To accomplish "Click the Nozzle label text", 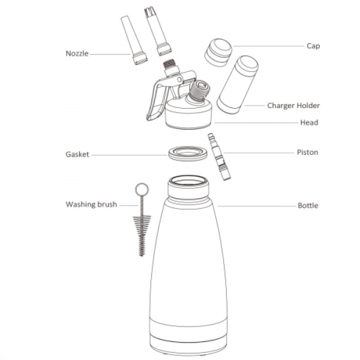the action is [77, 53].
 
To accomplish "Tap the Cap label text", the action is [313, 46].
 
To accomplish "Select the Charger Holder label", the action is [293, 106].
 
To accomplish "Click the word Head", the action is [309, 122].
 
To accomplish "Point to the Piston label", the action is [307, 152].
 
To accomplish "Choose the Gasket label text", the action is [77, 154].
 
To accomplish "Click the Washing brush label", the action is [91, 205].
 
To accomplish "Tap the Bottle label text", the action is [308, 205].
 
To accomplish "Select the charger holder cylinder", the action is [238, 84].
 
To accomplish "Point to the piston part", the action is [219, 157].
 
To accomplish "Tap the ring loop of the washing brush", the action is [142, 190].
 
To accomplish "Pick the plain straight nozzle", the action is [134, 40].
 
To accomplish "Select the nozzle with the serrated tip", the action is [158, 31].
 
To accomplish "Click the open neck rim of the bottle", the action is [188, 182].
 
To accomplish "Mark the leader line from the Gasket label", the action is [129, 155].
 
